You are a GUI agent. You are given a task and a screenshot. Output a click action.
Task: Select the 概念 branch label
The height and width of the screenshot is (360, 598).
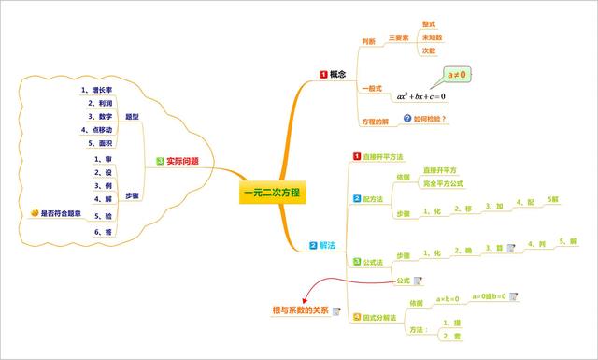click(338, 74)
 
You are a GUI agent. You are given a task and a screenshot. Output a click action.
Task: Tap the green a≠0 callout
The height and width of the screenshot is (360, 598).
click(457, 74)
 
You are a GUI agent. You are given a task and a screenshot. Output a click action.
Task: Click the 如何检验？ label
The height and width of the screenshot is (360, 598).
click(430, 119)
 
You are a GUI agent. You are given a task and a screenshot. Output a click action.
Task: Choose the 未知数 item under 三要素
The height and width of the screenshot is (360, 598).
click(432, 37)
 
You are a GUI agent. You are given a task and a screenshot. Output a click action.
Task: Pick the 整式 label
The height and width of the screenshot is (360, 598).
click(429, 23)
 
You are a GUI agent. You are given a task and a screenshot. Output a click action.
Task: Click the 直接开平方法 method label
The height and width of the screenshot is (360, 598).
click(383, 157)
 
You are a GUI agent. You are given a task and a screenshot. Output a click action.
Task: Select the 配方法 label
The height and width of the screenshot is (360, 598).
click(373, 199)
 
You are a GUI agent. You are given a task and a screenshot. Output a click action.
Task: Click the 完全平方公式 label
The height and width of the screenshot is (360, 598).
click(443, 183)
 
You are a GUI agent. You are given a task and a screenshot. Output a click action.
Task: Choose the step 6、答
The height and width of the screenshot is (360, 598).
click(103, 230)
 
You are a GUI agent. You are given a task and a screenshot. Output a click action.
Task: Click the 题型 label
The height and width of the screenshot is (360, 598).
click(132, 117)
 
